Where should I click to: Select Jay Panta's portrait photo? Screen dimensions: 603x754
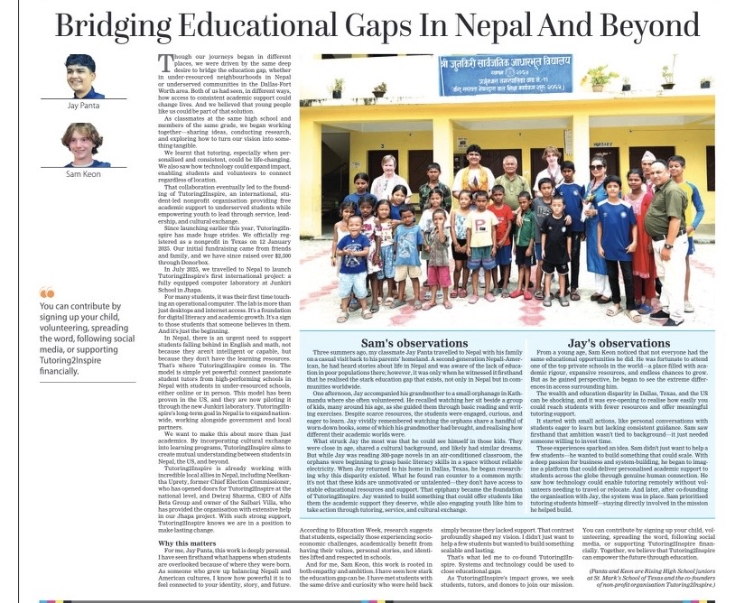coord(79,71)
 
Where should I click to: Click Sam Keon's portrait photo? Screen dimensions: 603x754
coord(81,144)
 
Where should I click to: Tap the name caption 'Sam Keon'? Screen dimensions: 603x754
coord(81,172)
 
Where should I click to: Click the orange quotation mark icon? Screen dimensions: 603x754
coord(48,293)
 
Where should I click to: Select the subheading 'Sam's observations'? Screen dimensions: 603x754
coord(403,344)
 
